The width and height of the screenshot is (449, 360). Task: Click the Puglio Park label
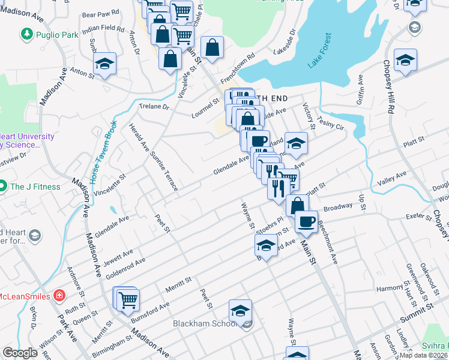pos(56,35)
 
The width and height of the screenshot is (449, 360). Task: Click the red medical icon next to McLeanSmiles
pos(59,295)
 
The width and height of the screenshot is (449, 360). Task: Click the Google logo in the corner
pos(20,353)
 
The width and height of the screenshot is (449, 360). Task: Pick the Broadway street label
pos(338,207)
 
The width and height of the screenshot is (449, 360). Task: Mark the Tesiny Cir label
pos(331,122)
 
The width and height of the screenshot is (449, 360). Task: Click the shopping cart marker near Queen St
pos(128,299)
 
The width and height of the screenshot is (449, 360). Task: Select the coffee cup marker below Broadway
pos(306,221)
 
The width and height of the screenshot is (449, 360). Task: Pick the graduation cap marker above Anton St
pos(104,64)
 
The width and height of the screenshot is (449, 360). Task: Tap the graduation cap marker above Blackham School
pos(240,311)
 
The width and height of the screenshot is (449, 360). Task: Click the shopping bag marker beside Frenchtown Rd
pos(212,47)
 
